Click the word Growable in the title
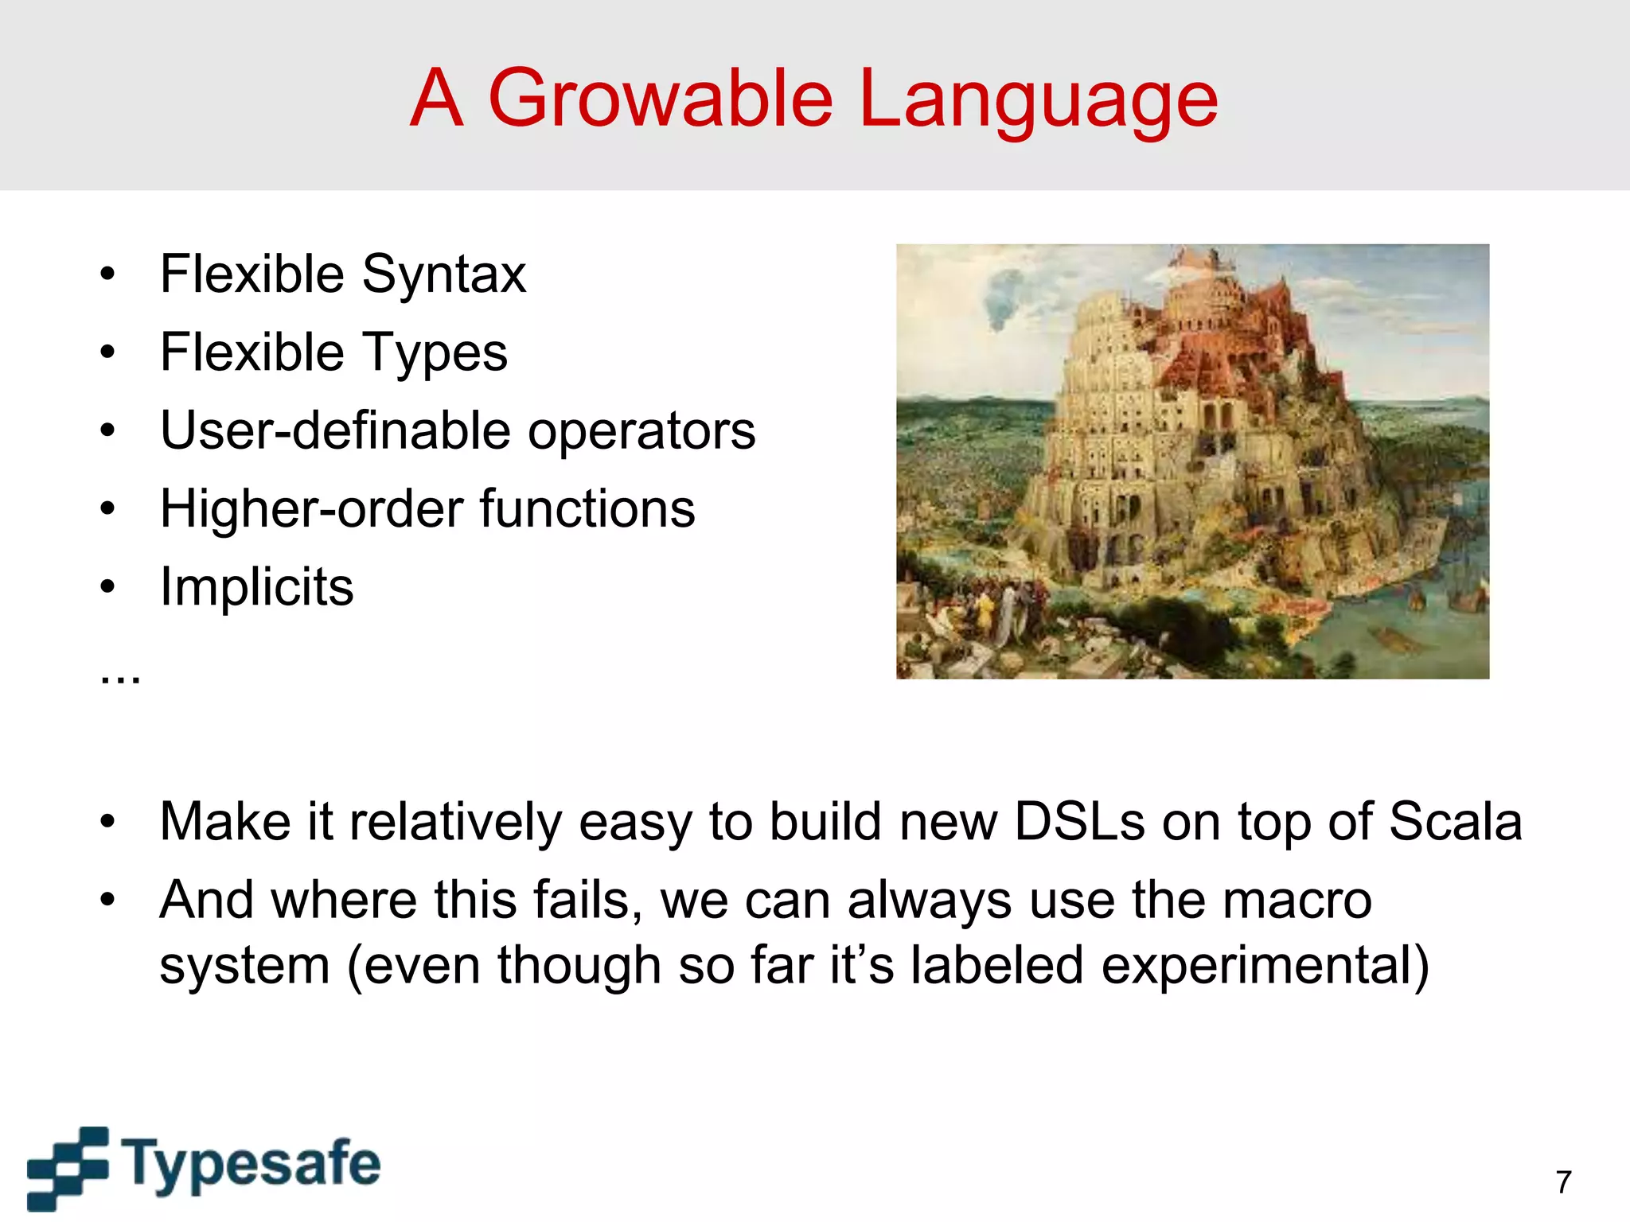661,99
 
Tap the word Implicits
256,587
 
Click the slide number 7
1563,1182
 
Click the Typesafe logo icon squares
68,1168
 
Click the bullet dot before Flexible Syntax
107,275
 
